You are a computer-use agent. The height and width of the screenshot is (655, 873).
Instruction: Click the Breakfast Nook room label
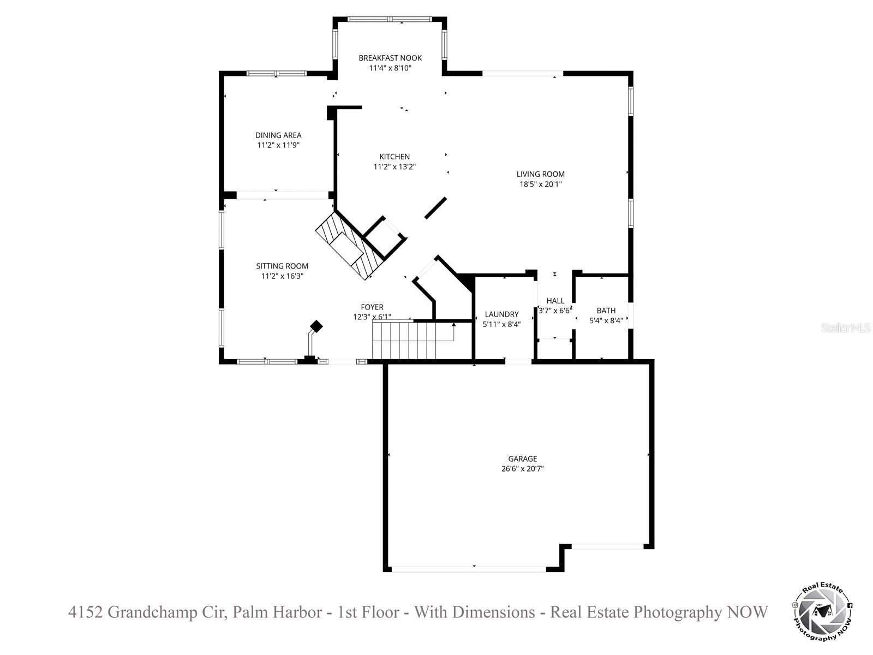point(390,58)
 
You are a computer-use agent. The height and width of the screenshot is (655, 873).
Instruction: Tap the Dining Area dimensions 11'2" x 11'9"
point(278,145)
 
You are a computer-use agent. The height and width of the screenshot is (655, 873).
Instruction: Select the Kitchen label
point(394,157)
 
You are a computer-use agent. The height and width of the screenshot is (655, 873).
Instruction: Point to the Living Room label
point(541,174)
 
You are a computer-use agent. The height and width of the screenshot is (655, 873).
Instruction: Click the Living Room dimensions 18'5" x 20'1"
point(541,184)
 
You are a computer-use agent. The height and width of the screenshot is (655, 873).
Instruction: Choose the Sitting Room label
point(282,266)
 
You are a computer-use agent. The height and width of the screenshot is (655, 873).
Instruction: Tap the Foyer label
point(372,307)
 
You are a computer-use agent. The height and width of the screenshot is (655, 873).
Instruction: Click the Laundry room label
point(502,314)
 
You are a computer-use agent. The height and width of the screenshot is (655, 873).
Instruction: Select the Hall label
point(555,301)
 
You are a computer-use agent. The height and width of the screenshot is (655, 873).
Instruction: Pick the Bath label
point(606,311)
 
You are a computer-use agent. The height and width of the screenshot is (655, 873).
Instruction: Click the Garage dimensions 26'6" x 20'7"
point(523,468)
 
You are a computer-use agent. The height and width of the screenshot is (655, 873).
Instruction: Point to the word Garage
point(523,458)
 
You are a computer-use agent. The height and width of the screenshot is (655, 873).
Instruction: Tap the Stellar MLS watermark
point(846,329)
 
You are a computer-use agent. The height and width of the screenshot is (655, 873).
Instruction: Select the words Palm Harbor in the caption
point(277,612)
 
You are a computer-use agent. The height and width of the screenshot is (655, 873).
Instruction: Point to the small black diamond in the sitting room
point(316,326)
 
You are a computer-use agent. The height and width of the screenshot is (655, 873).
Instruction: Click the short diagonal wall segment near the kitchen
point(435,208)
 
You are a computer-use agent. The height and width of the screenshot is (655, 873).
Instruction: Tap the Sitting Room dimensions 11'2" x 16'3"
point(282,276)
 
